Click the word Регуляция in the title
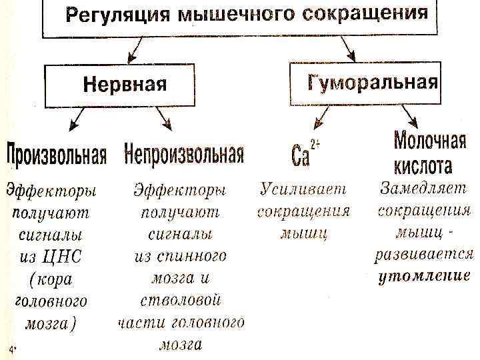click(x=106, y=15)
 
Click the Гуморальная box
click(x=365, y=82)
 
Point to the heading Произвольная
click(x=57, y=156)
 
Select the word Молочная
click(x=429, y=141)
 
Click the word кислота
click(x=422, y=165)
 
